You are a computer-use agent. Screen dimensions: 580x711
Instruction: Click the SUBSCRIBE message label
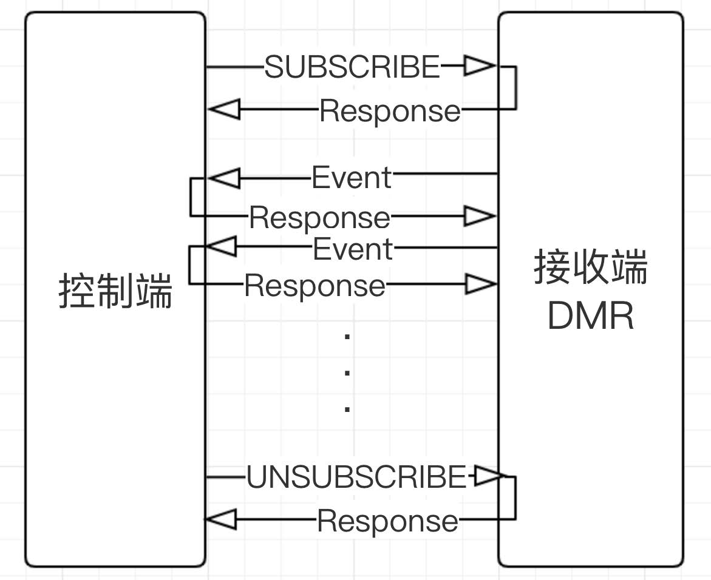(352, 67)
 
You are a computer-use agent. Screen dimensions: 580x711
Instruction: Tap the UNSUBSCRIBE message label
(356, 477)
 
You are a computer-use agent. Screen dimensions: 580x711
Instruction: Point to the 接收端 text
(591, 268)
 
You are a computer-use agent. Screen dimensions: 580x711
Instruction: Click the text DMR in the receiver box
(591, 315)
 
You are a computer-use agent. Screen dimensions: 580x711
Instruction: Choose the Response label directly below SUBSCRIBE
(390, 111)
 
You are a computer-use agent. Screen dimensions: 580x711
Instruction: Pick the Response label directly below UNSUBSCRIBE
(387, 521)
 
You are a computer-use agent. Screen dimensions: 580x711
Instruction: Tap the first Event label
(352, 178)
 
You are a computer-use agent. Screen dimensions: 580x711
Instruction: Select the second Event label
(353, 249)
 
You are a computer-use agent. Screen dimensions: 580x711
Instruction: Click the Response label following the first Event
(319, 218)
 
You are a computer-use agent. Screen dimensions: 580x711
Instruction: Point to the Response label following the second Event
(315, 286)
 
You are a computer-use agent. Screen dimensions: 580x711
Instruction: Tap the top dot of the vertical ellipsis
(347, 336)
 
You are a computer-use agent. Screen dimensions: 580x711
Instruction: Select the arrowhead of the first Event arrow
(223, 178)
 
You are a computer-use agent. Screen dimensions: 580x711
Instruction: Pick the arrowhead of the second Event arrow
(222, 248)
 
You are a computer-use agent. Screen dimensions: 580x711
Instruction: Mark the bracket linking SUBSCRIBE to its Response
(515, 88)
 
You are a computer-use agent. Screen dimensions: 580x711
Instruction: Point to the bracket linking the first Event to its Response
(191, 197)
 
